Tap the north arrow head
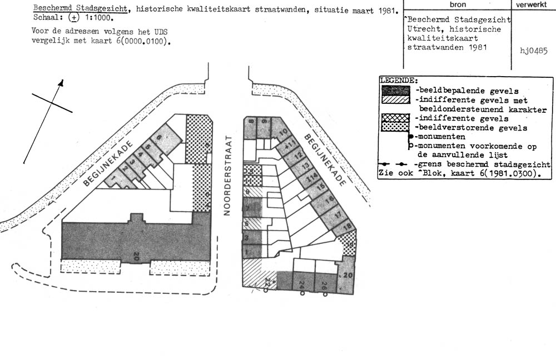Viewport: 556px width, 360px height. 61,83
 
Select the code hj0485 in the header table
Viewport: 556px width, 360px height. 534,51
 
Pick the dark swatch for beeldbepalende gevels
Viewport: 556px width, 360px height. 395,91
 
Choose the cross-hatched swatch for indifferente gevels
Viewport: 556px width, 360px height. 395,118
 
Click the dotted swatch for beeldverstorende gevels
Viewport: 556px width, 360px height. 395,127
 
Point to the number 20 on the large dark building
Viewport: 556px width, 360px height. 136,256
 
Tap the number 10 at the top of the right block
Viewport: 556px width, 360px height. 283,132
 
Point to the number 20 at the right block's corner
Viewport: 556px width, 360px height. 348,276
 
